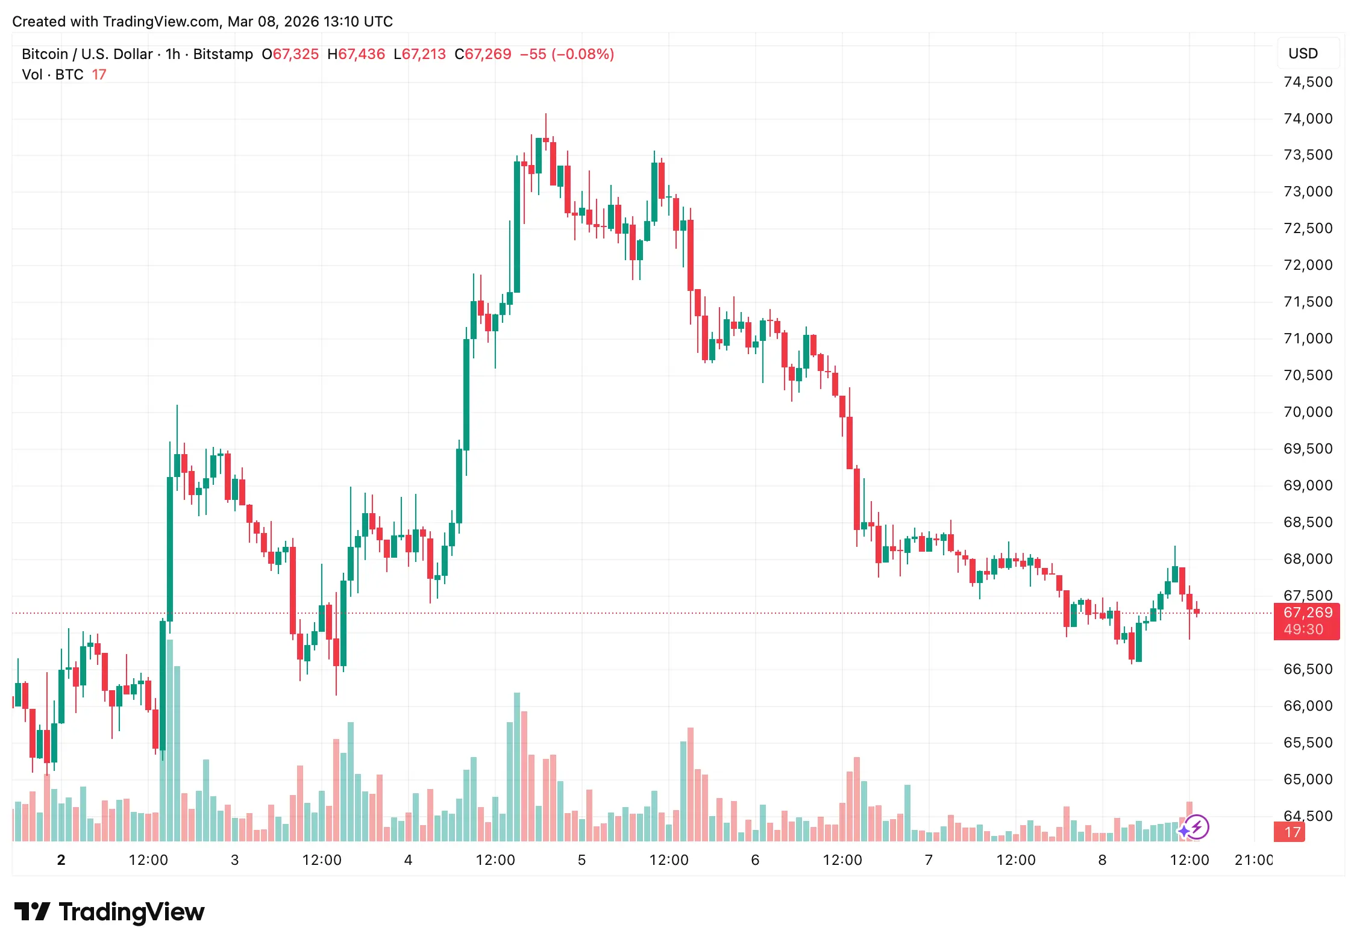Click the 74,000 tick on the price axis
click(x=1308, y=119)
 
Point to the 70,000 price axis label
click(x=1308, y=412)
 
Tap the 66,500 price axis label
click(x=1308, y=669)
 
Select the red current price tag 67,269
click(x=1307, y=613)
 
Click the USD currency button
click(x=1303, y=54)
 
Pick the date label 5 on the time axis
click(x=581, y=860)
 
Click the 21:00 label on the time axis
click(x=1253, y=860)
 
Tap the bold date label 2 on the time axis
click(x=61, y=860)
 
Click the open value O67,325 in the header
click(x=290, y=54)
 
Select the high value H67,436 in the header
click(x=356, y=54)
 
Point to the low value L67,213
click(x=419, y=54)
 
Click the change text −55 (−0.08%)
click(x=567, y=54)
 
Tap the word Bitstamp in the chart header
click(x=223, y=54)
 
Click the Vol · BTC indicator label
click(x=52, y=75)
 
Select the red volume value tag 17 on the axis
click(x=1289, y=832)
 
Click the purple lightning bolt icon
click(x=1197, y=827)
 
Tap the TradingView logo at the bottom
click(x=109, y=912)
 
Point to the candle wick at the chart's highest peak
click(x=546, y=123)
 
